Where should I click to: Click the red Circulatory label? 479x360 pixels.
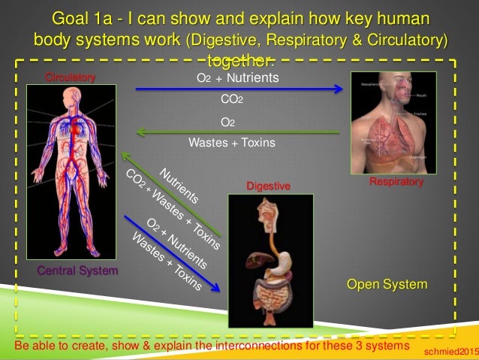[71, 77]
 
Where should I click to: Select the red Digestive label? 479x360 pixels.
[268, 185]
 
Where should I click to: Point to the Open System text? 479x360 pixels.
[387, 285]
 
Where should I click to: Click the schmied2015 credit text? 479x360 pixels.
[450, 351]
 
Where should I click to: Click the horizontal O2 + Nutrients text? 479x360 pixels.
[237, 76]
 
